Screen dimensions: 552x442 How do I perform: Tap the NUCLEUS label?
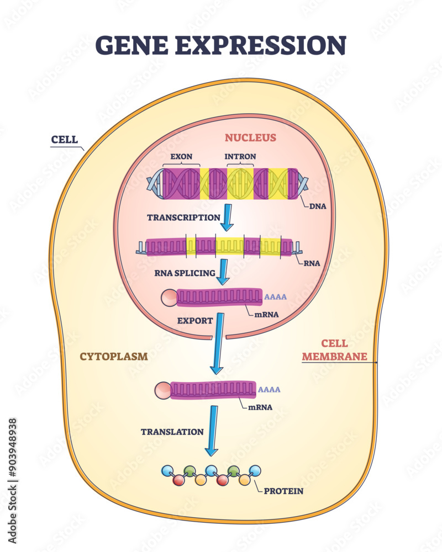coord(250,137)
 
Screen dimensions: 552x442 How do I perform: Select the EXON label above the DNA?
coord(181,156)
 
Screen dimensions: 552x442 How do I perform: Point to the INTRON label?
coord(240,156)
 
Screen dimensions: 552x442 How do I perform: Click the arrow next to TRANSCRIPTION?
coord(227,219)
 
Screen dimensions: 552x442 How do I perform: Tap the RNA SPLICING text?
coord(185,273)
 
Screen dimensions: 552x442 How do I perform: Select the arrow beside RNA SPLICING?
coord(223,272)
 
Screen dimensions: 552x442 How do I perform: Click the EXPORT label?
coord(194,320)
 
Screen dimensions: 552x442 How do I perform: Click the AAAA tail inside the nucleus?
coord(276,297)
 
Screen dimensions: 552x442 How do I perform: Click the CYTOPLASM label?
coord(114,356)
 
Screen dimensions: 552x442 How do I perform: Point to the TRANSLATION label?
coord(172,432)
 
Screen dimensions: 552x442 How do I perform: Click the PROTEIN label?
coord(283,491)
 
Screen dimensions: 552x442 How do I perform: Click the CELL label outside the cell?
coord(64,139)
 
